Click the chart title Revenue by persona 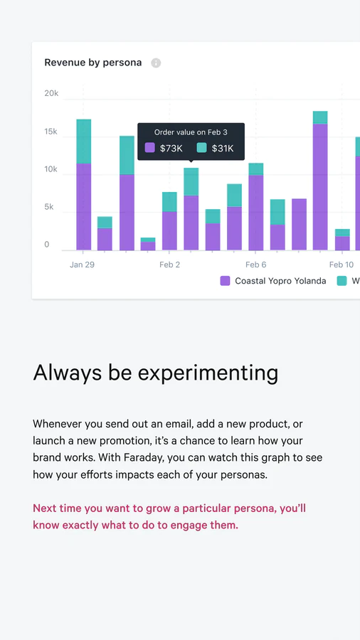tap(93, 63)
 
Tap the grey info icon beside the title tap(156, 63)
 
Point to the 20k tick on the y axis tap(51, 93)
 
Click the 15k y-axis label tap(51, 132)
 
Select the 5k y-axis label tap(48, 207)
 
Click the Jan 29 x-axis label tap(82, 265)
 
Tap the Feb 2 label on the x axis tap(169, 265)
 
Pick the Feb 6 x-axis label tap(256, 265)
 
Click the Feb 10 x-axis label tap(342, 265)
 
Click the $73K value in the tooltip tap(171, 148)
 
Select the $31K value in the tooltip tap(223, 148)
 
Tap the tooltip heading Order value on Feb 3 tap(191, 132)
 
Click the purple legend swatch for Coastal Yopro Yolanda tap(225, 281)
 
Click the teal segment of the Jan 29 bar tap(84, 142)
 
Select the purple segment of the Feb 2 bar tap(169, 230)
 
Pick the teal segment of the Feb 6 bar tap(256, 169)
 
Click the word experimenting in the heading tap(208, 373)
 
